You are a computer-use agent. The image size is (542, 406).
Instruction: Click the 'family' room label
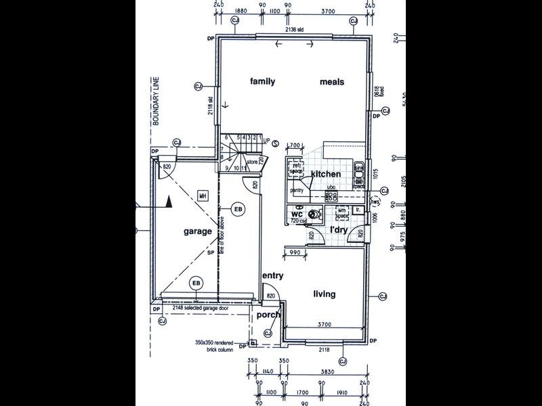pyautogui.click(x=262, y=82)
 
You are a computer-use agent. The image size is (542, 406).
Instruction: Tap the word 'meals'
pyautogui.click(x=332, y=82)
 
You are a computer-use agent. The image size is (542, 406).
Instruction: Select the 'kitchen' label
pyautogui.click(x=325, y=175)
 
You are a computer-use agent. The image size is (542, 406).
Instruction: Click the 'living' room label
pyautogui.click(x=324, y=294)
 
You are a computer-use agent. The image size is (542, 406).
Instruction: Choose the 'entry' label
pyautogui.click(x=272, y=276)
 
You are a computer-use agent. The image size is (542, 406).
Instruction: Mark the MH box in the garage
pyautogui.click(x=202, y=196)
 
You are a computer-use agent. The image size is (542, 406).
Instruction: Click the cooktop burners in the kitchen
pyautogui.click(x=331, y=196)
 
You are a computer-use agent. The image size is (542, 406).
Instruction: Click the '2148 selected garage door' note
pyautogui.click(x=201, y=309)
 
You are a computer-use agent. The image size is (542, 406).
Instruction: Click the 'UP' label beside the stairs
pyautogui.click(x=266, y=141)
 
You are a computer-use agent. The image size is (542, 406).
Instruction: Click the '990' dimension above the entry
pyautogui.click(x=295, y=252)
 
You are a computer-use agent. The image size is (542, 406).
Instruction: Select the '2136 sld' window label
pyautogui.click(x=294, y=30)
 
